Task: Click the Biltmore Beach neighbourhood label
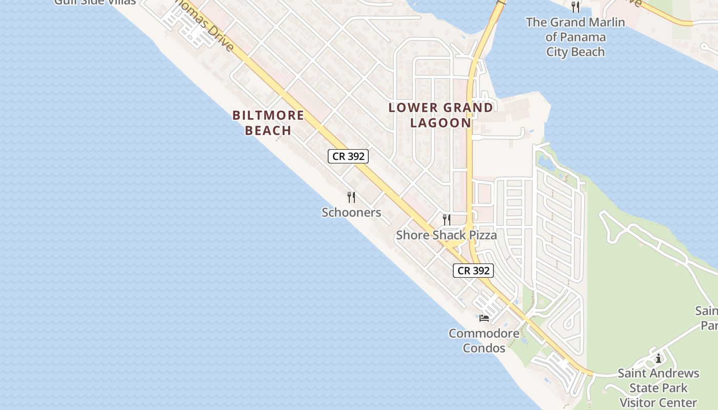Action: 268,122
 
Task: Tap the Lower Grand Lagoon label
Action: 441,115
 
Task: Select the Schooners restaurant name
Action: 351,212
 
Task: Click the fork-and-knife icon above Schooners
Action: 351,197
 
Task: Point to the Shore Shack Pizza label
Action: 446,235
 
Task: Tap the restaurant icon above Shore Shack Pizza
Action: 447,220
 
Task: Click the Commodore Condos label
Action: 484,340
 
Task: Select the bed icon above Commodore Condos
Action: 484,318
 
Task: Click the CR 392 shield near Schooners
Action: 348,156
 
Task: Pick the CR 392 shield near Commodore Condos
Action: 473,270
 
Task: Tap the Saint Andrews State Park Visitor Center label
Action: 658,387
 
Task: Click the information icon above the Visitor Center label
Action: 658,358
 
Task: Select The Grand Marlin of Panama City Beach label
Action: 575,37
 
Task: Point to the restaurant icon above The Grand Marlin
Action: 575,7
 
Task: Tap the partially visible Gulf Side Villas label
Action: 95,2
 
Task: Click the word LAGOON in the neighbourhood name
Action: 441,122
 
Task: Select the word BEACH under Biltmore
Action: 268,130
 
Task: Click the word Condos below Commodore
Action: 484,348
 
